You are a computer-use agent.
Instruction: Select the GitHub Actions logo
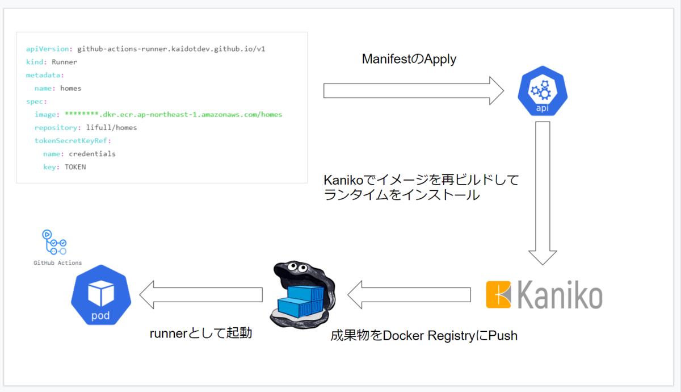54,242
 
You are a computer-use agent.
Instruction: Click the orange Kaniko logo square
499,295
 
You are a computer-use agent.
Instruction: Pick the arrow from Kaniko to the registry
409,295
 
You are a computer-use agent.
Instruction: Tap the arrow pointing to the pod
201,295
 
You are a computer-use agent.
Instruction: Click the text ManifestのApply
409,59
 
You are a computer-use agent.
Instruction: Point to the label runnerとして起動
201,333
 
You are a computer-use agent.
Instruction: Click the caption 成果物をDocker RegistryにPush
424,336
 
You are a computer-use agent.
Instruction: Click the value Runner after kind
64,62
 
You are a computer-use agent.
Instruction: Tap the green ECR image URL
173,115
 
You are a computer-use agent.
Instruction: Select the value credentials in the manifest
92,154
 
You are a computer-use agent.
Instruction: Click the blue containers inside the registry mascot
301,299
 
